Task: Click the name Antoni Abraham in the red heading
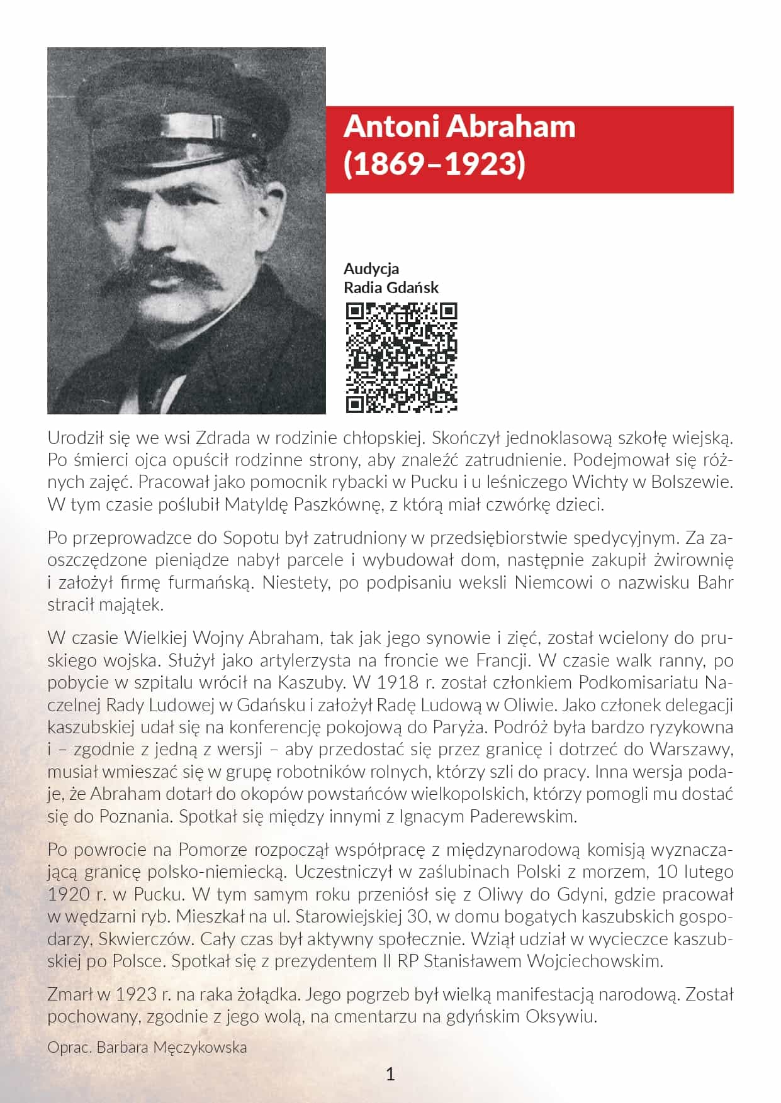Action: (x=459, y=126)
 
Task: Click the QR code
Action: (x=402, y=358)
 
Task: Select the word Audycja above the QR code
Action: (x=371, y=269)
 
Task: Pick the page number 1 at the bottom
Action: (x=390, y=1074)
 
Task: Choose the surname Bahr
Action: (x=715, y=582)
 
